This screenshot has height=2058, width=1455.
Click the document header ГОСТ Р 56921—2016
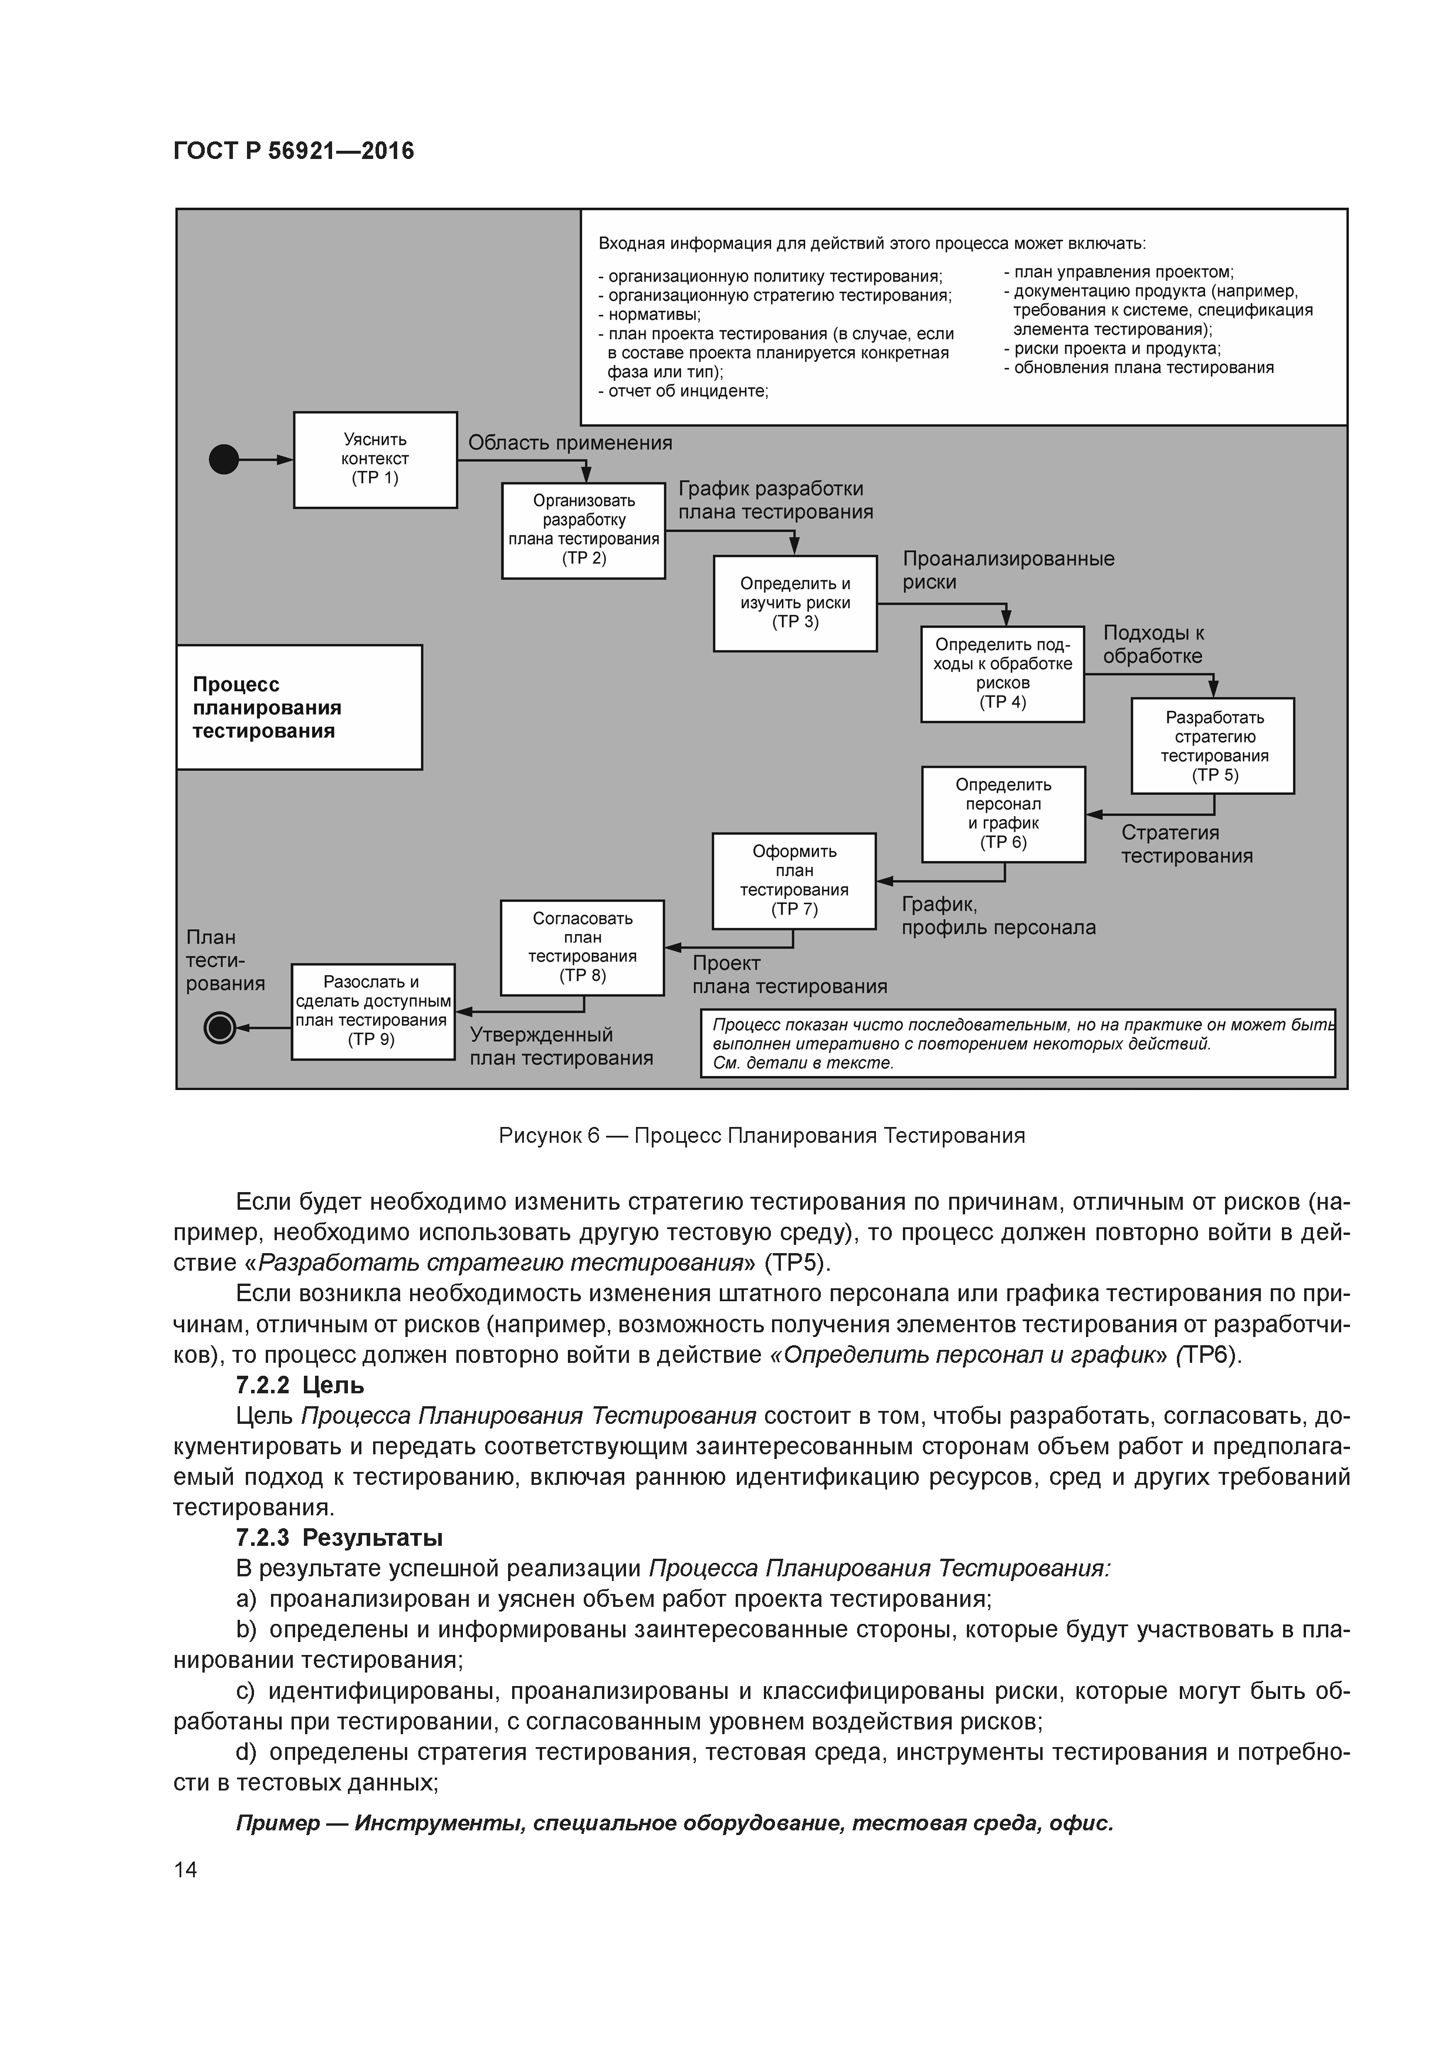293,151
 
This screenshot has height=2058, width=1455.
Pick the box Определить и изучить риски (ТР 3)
794,602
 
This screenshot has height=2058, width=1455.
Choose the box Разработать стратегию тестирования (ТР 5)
1212,745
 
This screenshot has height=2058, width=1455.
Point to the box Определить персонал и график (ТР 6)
1003,813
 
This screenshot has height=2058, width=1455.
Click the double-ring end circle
219,1027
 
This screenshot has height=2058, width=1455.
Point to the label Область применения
570,443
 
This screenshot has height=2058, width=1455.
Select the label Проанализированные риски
1008,570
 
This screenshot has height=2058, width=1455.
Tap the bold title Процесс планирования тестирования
267,707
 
